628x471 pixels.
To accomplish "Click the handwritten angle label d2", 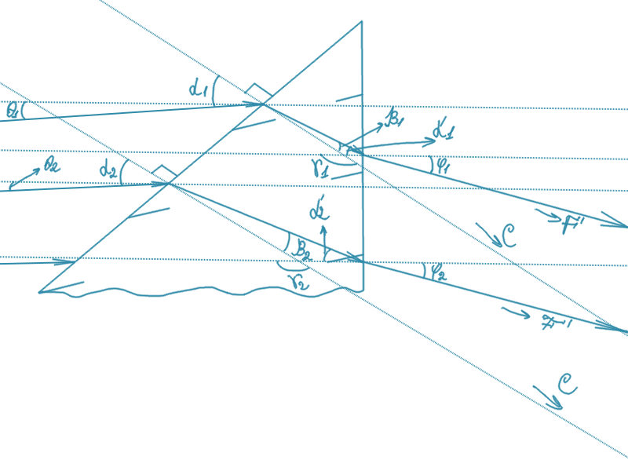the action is click(108, 167).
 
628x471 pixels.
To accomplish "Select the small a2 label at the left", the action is click(53, 166).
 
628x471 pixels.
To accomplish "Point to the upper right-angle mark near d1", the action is click(254, 91).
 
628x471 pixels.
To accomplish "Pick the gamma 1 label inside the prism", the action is click(318, 165).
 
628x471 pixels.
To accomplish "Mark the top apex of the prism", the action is click(361, 22).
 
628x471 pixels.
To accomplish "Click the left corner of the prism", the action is click(39, 292).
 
